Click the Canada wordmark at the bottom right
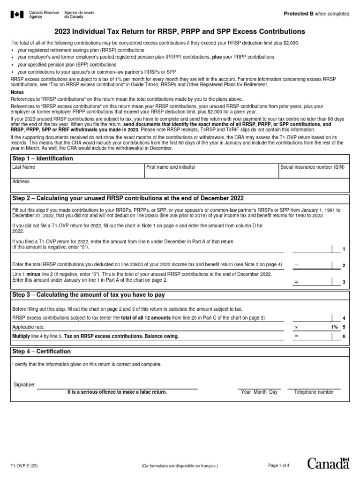[328, 464]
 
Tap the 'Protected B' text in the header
[299, 14]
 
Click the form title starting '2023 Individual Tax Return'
[180, 31]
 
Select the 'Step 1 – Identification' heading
[43, 158]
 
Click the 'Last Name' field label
[23, 167]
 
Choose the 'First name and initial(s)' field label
[171, 167]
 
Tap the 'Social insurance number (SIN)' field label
[312, 167]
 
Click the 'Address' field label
[21, 181]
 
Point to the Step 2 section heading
[128, 198]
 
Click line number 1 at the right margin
[344, 249]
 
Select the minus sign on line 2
[296, 265]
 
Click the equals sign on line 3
[296, 282]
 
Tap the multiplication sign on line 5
[296, 327]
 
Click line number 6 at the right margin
[344, 337]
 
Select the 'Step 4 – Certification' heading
[41, 352]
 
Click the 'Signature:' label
[24, 385]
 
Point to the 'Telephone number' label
[314, 392]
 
